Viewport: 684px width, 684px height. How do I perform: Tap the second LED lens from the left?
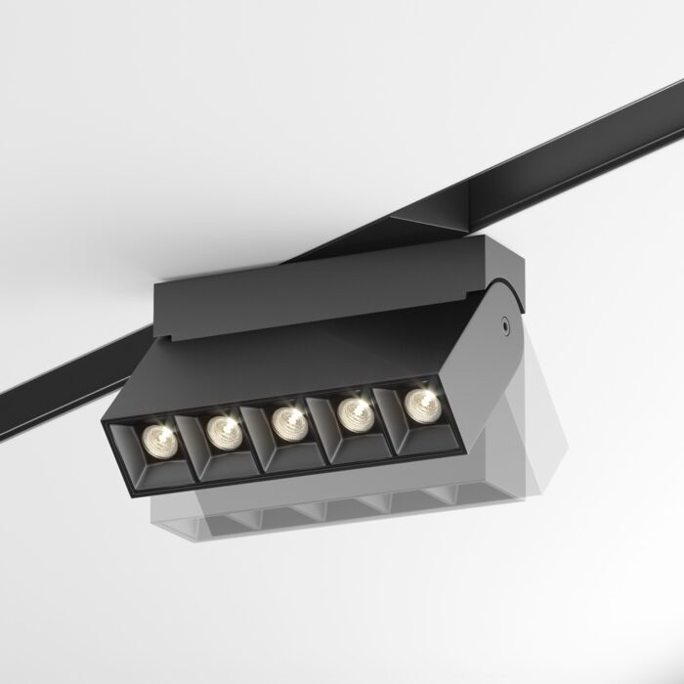pos(224,428)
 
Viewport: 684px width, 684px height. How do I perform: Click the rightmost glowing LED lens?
pos(418,402)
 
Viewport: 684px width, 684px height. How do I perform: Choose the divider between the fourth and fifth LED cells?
pos(388,420)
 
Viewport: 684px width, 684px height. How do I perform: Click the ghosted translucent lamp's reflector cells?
pos(322,513)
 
